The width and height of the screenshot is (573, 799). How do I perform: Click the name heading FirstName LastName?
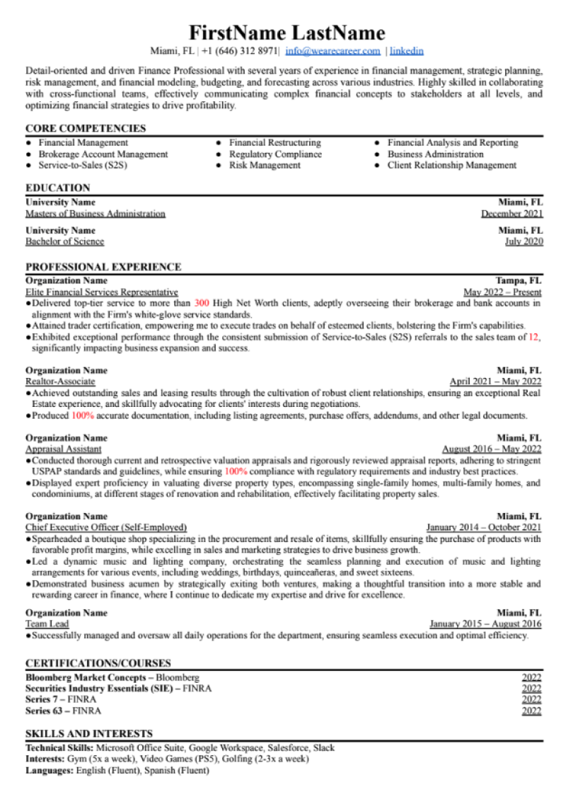point(286,33)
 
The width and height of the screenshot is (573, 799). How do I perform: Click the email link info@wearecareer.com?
point(332,51)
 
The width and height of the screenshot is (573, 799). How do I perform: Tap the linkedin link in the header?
point(407,51)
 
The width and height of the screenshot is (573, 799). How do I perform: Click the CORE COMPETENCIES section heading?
point(86,128)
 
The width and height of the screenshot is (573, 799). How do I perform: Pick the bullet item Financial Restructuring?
point(274,143)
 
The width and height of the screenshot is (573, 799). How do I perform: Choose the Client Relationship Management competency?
point(451,166)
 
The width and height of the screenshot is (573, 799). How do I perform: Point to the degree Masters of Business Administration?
point(95,214)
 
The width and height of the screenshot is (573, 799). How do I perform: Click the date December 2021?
point(511,214)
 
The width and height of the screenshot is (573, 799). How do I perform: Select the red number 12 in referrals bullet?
point(534,337)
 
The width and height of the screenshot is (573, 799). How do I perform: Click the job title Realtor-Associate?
point(60,381)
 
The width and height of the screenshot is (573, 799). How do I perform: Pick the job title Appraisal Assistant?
point(64,449)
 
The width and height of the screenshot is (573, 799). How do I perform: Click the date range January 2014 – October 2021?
point(484,527)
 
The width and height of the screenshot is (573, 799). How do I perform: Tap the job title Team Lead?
point(46,624)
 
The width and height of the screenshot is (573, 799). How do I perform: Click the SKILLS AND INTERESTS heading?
point(89,733)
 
